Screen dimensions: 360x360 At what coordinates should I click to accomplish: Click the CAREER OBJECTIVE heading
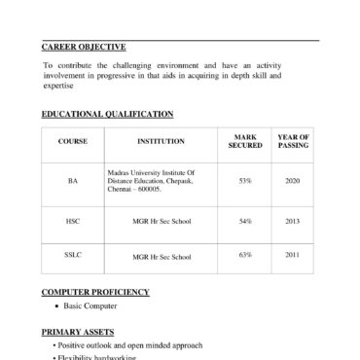84,48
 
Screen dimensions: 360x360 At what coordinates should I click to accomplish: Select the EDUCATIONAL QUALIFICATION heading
107,114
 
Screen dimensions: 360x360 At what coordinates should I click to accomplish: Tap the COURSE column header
73,142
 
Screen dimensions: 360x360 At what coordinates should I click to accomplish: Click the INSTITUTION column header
161,142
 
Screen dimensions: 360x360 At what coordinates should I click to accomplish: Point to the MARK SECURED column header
245,142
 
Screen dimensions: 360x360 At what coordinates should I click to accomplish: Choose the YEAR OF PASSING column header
293,142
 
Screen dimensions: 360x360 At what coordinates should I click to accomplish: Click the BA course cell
73,181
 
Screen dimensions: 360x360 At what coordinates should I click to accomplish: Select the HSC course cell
73,222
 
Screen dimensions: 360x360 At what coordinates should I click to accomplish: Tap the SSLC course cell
73,256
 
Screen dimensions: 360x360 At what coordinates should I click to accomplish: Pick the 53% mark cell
245,181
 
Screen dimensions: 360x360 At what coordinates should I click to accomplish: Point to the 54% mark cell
245,222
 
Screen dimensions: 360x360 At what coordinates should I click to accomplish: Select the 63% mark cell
245,256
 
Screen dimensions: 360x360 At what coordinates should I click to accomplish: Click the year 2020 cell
293,181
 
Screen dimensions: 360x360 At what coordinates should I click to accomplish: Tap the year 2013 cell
293,222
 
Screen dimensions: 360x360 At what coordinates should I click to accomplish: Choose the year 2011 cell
293,256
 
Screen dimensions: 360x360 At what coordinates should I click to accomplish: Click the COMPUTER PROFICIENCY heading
95,292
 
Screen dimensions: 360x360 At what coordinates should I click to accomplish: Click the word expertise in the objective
59,88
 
